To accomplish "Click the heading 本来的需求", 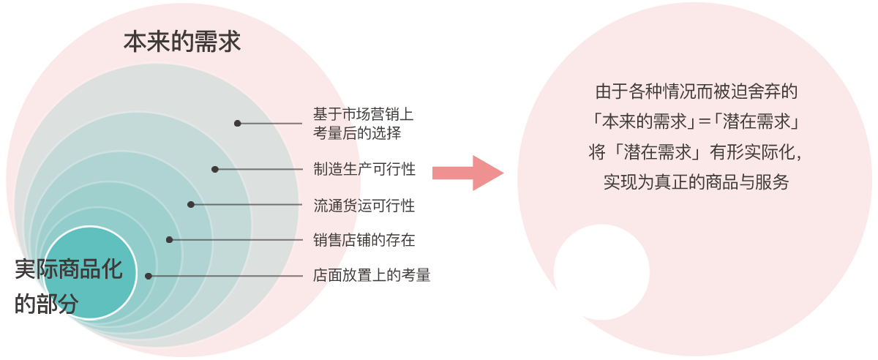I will tap(182, 41).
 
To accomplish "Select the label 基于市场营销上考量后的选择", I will tap(363, 124).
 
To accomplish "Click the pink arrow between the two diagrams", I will tap(468, 173).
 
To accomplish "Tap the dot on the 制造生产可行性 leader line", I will tap(215, 169).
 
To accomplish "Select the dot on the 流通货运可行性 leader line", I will tap(191, 205).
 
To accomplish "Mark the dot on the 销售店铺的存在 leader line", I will tap(169, 239).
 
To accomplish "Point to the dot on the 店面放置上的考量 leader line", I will tap(149, 276).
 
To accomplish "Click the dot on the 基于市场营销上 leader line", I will tap(238, 123).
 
